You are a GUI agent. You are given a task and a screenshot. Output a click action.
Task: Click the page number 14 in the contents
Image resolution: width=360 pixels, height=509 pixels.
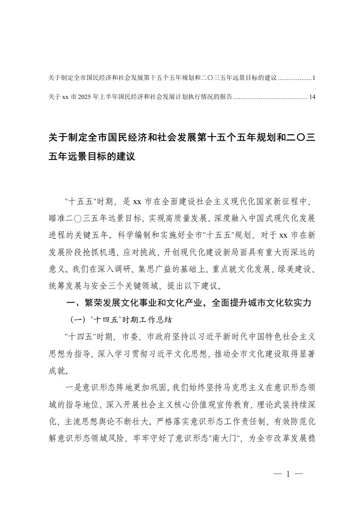311,97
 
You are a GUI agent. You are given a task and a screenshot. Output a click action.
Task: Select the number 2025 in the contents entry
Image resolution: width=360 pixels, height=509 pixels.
86,97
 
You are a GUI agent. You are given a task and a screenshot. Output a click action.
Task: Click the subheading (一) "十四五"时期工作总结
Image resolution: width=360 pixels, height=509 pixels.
120,318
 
